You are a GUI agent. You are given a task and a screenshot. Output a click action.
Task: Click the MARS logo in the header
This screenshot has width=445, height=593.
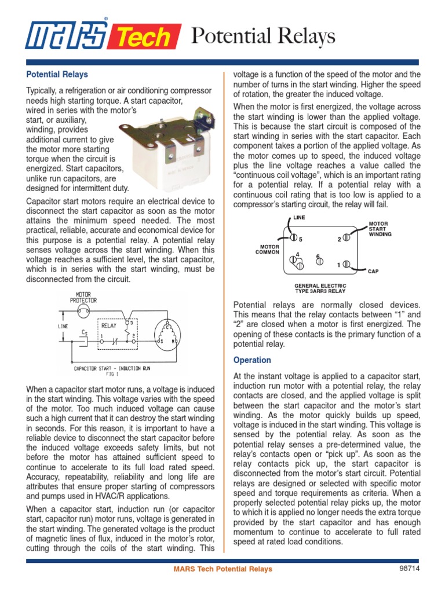pyautogui.click(x=65, y=36)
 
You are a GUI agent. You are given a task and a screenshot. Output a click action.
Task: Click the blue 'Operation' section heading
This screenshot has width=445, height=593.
pyautogui.click(x=252, y=360)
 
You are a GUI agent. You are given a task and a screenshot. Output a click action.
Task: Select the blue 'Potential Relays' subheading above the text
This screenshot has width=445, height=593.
pyautogui.click(x=57, y=75)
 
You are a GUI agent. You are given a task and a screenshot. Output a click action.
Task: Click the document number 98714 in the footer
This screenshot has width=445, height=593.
pyautogui.click(x=409, y=569)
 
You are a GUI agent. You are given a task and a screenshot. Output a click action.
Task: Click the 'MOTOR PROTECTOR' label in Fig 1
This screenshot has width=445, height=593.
pyautogui.click(x=83, y=298)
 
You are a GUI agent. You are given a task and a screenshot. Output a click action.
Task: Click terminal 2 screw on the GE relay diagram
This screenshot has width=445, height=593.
pyautogui.click(x=346, y=237)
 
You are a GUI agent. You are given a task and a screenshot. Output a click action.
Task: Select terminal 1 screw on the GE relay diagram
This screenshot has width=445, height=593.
pyautogui.click(x=346, y=264)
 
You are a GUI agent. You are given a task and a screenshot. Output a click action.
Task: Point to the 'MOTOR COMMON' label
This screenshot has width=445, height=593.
pyautogui.click(x=268, y=250)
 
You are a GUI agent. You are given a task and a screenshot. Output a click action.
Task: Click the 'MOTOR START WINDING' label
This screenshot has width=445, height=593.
pyautogui.click(x=380, y=229)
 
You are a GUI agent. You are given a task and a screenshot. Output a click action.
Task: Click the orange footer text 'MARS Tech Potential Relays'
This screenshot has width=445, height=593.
pyautogui.click(x=222, y=569)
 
